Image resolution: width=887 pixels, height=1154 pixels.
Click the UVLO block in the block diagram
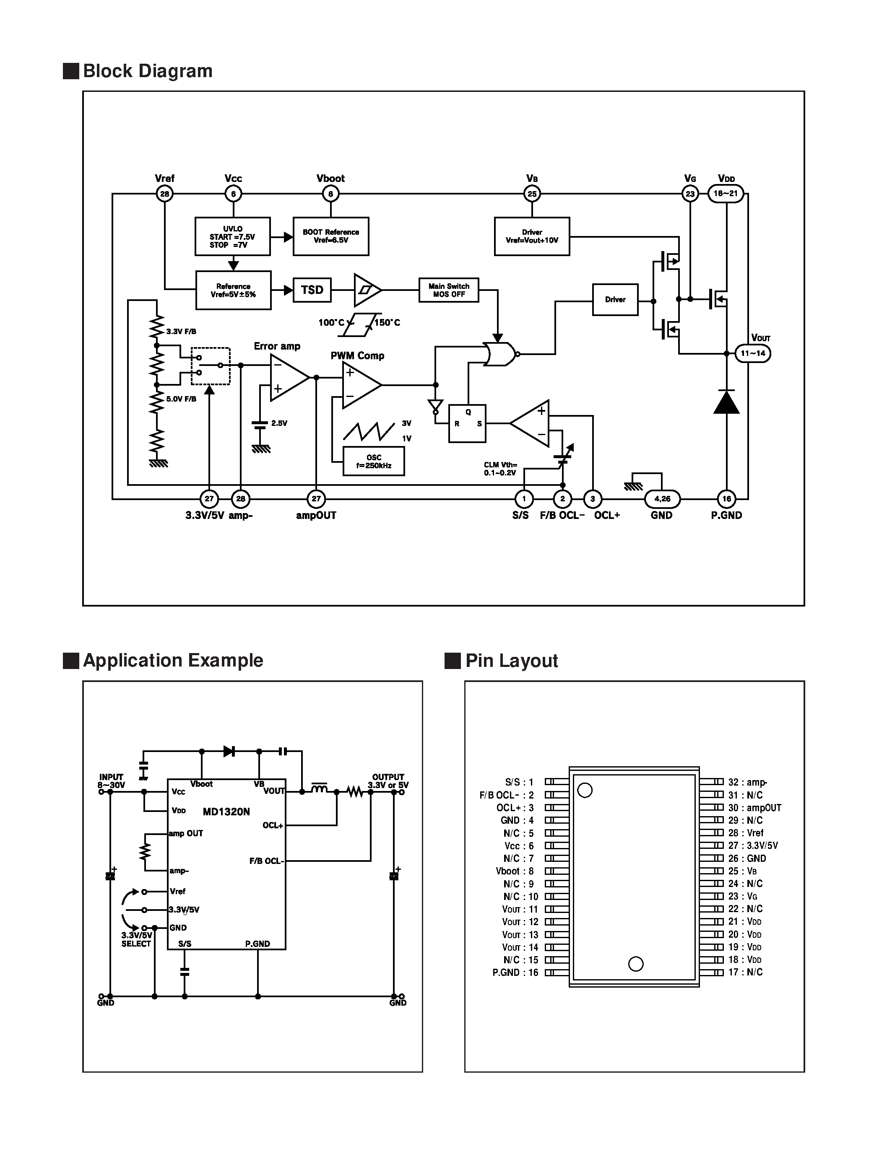(x=232, y=236)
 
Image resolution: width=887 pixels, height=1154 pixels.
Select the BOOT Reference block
(x=330, y=236)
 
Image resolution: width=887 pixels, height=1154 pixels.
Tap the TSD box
(x=312, y=290)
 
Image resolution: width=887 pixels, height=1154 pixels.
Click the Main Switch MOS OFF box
(x=449, y=290)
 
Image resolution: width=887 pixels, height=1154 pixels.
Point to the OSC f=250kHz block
(x=374, y=461)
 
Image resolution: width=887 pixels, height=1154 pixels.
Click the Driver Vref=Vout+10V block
(x=532, y=236)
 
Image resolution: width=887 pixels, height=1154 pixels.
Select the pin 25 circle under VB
(x=532, y=194)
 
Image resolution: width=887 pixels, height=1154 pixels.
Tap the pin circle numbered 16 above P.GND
(x=726, y=499)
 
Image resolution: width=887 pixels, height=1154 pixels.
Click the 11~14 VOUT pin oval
(x=753, y=353)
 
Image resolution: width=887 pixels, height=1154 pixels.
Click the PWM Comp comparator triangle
(x=360, y=386)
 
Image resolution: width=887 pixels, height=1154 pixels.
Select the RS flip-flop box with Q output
(x=467, y=423)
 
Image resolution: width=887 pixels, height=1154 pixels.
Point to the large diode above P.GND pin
(x=726, y=402)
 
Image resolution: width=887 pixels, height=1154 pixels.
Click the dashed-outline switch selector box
(x=210, y=366)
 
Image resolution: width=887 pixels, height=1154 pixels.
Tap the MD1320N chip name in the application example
(x=226, y=812)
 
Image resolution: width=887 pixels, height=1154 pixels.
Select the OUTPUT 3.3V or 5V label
(x=388, y=781)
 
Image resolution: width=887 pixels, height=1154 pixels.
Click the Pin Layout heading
(x=511, y=661)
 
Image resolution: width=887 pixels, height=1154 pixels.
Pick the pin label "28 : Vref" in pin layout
(x=746, y=832)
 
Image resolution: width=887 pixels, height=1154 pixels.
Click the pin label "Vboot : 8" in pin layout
(x=514, y=871)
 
